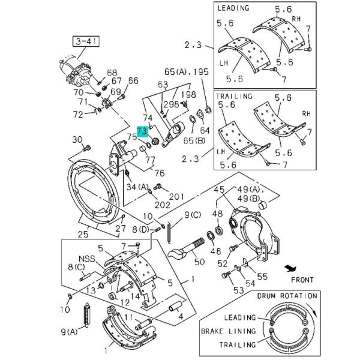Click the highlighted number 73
(x=142, y=130)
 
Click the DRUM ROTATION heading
(x=286, y=296)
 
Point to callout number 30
(x=77, y=139)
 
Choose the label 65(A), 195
(x=187, y=71)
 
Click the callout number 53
(x=221, y=290)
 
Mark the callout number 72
(x=77, y=114)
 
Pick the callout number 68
(x=112, y=73)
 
